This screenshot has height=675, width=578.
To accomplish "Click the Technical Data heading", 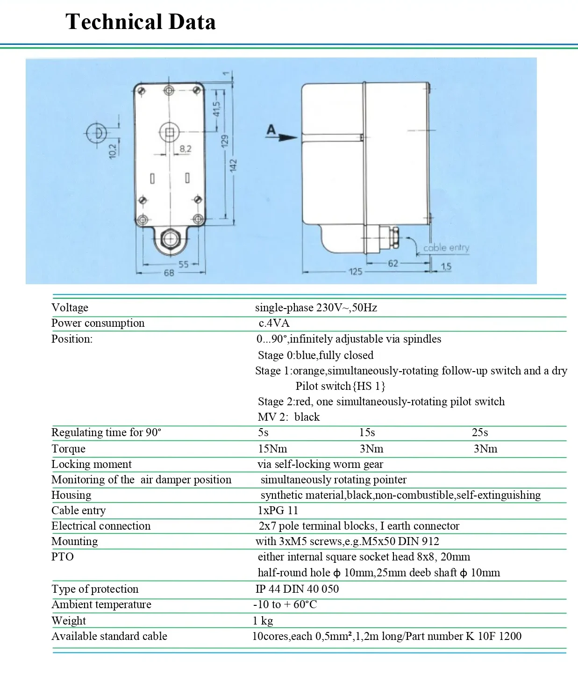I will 140,22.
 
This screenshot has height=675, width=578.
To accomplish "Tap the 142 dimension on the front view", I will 234,165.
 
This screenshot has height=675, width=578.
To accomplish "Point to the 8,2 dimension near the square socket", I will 185,149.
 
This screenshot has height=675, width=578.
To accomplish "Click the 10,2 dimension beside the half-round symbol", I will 114,150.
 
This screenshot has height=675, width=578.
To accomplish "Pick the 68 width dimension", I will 169,273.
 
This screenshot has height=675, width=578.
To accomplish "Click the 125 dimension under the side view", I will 355,271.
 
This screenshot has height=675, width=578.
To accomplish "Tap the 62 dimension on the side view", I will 393,263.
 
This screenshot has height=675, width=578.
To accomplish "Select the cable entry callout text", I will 446,248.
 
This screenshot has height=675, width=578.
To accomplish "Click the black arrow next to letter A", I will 288,137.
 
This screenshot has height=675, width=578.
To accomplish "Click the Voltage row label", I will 70,308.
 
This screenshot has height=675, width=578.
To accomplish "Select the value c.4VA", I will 274,323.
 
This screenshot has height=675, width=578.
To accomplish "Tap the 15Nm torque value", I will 272,449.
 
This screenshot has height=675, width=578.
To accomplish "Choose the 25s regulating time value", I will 479,432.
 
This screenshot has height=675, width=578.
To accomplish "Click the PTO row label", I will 63,557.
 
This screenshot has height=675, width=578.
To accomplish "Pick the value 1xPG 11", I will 278,510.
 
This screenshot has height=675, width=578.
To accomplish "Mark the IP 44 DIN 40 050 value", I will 297,589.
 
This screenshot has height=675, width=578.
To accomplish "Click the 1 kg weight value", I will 263,621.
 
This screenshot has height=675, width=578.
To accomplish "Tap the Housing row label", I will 71,495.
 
